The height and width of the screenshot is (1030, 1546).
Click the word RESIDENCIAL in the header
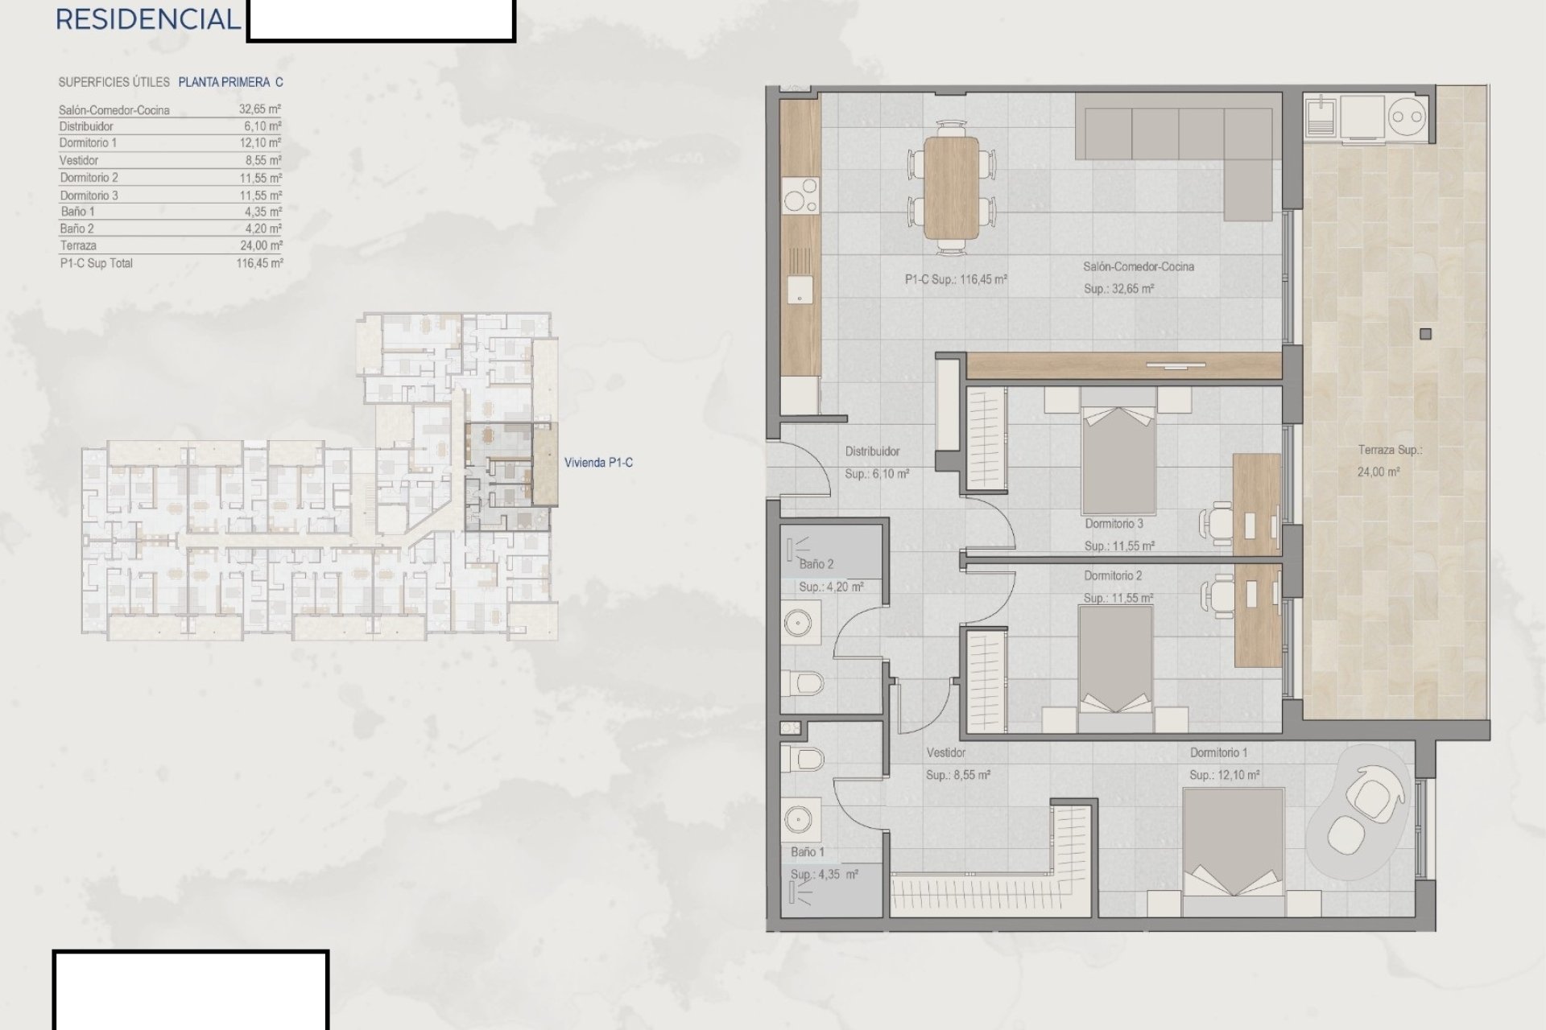(x=148, y=19)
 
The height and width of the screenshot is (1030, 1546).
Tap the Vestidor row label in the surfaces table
(x=79, y=160)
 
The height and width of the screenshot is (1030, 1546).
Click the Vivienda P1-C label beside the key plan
(x=598, y=463)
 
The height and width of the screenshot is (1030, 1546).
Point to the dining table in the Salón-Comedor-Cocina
(x=952, y=189)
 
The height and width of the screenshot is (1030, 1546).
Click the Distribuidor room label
(x=872, y=451)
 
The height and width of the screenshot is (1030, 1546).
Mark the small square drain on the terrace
(x=1426, y=334)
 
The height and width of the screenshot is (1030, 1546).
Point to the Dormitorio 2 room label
(x=1113, y=576)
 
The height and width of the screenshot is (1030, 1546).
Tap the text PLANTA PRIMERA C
(x=230, y=82)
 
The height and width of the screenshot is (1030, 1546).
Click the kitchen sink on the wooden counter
(x=800, y=290)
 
